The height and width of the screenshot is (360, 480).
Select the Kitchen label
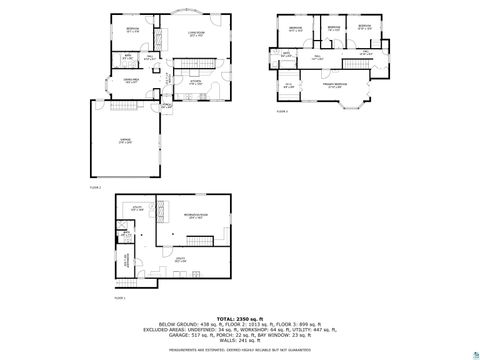(196, 83)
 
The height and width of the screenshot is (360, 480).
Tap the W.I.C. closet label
(290, 86)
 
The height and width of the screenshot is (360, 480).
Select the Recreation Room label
(196, 215)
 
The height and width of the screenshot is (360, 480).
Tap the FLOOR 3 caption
(282, 112)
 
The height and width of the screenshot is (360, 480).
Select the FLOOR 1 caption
(120, 298)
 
